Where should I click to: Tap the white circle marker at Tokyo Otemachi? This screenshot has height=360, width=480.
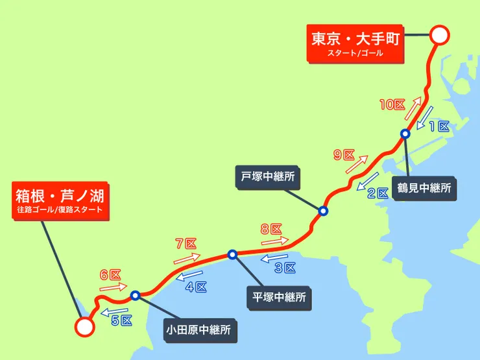(x=440, y=35)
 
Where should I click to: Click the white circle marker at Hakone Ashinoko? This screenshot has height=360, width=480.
(x=84, y=327)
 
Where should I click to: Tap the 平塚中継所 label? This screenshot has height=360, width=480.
(x=278, y=298)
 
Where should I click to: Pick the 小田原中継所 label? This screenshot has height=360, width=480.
(x=197, y=330)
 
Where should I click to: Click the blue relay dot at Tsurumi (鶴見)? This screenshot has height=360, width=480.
(x=405, y=134)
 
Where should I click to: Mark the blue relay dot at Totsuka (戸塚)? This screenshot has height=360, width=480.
(x=322, y=211)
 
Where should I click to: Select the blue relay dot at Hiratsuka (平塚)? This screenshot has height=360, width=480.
(x=232, y=254)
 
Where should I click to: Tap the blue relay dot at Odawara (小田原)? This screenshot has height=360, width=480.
(x=136, y=296)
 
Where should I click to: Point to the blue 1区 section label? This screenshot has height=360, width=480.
(x=439, y=127)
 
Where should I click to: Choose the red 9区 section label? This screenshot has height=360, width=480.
(x=344, y=155)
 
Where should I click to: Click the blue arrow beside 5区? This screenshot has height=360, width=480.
(x=112, y=312)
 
